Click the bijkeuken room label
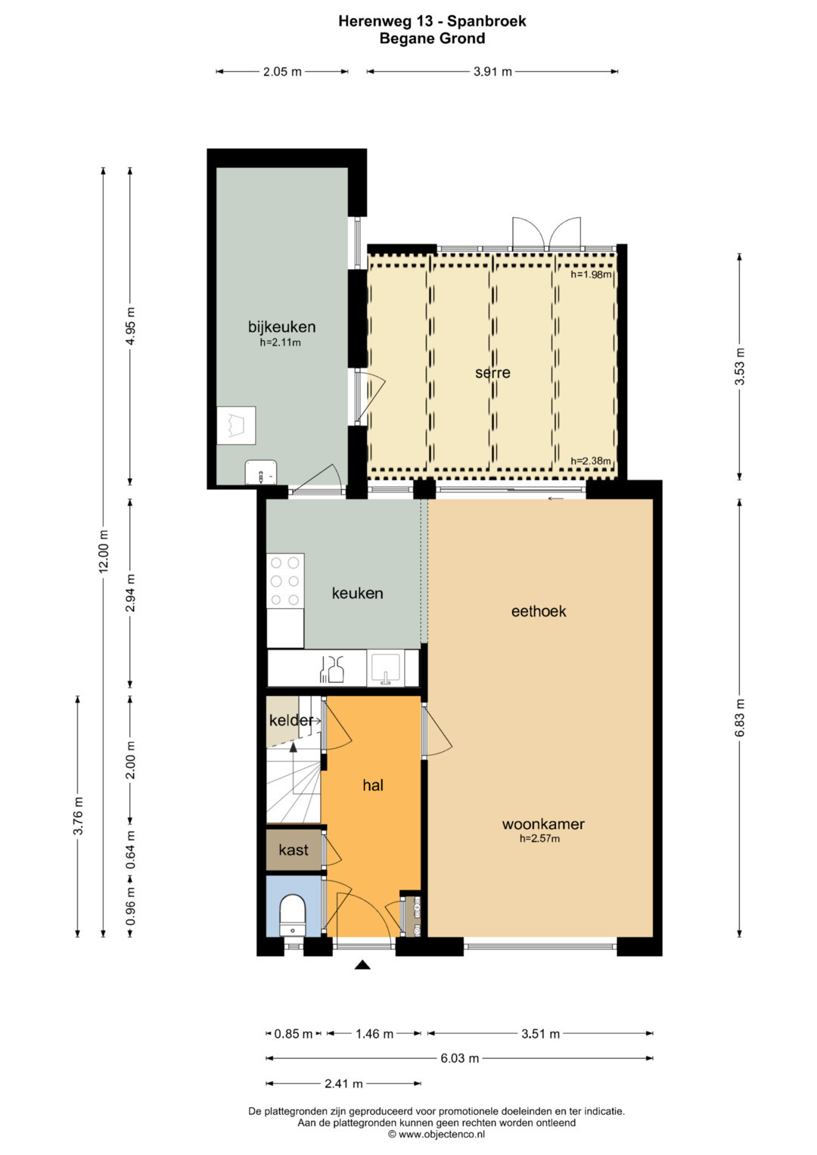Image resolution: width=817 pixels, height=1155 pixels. [x=281, y=327]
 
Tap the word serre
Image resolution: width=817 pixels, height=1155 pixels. [x=492, y=372]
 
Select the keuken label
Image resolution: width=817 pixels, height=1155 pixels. [x=357, y=593]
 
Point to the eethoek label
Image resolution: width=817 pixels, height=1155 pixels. [x=539, y=611]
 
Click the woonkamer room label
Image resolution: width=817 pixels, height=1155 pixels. [x=543, y=824]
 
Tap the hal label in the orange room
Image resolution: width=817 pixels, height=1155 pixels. [x=373, y=785]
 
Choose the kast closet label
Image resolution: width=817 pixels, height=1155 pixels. [x=294, y=849]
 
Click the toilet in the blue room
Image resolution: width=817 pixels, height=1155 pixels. [x=293, y=914]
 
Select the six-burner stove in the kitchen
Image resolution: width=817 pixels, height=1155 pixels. [x=285, y=581]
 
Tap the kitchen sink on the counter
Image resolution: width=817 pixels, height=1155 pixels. [x=385, y=668]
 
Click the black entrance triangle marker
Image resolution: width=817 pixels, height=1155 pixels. [x=362, y=964]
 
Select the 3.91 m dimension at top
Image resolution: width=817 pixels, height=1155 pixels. [x=492, y=72]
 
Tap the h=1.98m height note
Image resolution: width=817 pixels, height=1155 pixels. [x=591, y=275]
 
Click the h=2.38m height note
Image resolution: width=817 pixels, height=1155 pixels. [x=591, y=461]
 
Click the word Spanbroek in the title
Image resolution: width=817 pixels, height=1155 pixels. [x=487, y=21]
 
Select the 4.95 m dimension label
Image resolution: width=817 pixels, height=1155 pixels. [x=131, y=327]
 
